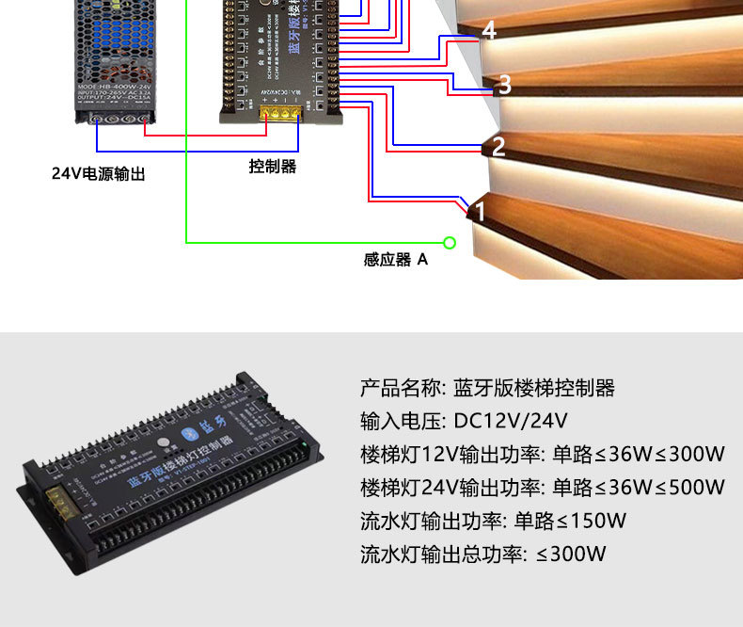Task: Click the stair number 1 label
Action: click(480, 212)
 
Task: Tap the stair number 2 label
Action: click(498, 146)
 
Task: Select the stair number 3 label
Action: click(504, 85)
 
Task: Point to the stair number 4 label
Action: click(488, 31)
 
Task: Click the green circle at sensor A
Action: click(450, 243)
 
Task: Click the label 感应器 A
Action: click(395, 260)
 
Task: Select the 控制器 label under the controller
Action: click(273, 167)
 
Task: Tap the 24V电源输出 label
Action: click(99, 174)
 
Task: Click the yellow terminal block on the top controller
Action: click(281, 112)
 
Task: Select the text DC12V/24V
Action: click(511, 420)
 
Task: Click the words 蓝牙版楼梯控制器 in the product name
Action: click(534, 387)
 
